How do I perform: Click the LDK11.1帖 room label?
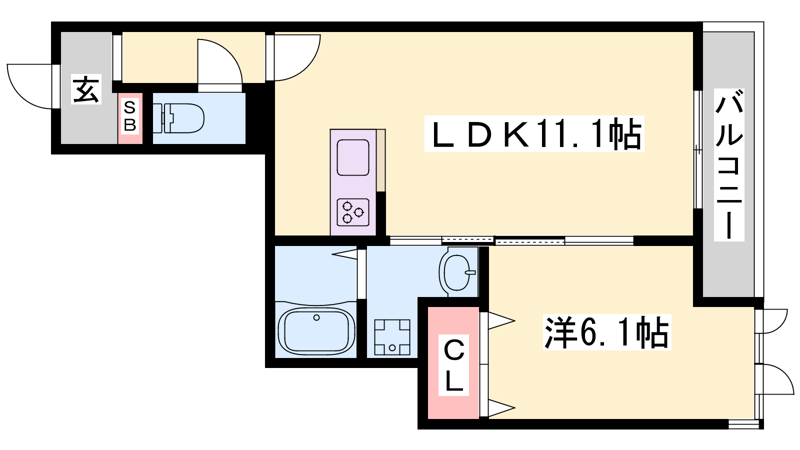534,134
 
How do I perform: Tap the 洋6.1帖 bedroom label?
607,332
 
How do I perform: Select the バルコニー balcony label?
729,164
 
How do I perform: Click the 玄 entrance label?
86,89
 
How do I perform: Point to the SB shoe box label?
130,116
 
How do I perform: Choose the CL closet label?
453,365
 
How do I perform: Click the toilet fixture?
178,118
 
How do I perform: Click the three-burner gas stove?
353,212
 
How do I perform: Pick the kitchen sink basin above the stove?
353,157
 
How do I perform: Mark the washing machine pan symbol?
392,337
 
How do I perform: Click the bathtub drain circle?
316,317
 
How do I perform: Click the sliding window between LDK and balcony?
698,149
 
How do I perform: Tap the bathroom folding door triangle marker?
344,254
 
